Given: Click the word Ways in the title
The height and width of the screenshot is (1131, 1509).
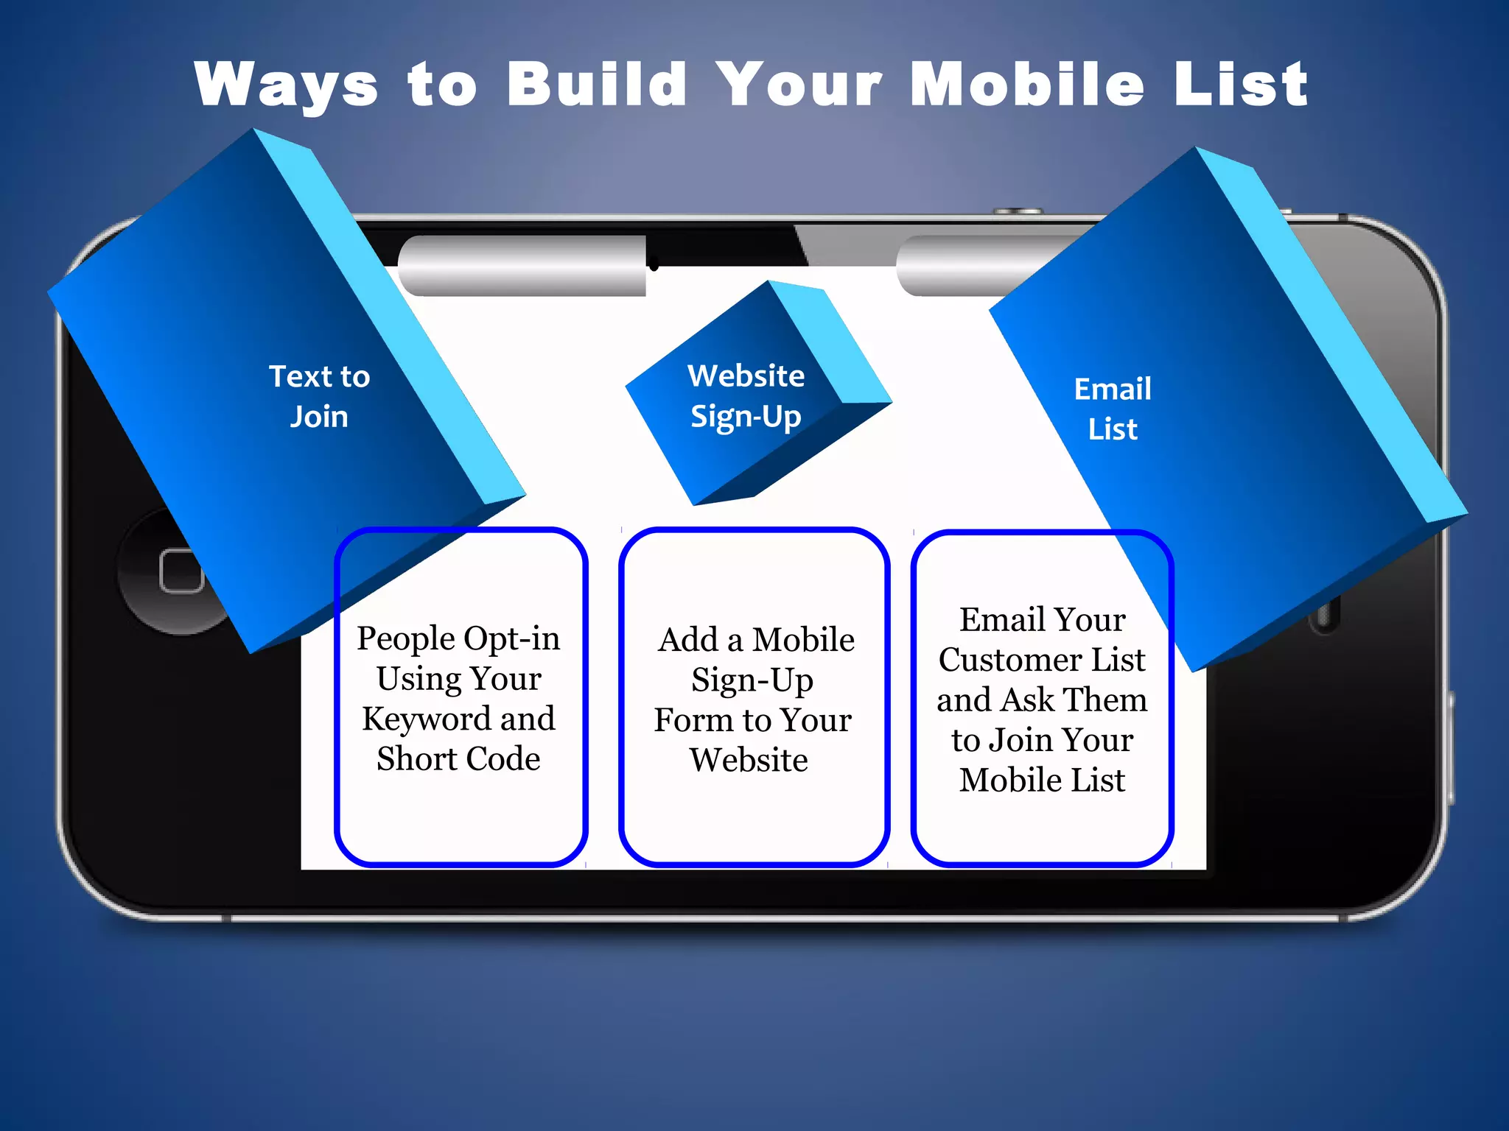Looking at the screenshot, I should (x=286, y=85).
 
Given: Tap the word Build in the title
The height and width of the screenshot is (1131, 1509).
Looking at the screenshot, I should (x=597, y=85).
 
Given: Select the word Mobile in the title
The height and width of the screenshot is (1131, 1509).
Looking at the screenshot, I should (x=1027, y=85).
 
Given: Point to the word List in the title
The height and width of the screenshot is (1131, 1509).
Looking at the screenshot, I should (x=1241, y=85).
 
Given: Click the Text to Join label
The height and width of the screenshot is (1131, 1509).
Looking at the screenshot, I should (x=319, y=396).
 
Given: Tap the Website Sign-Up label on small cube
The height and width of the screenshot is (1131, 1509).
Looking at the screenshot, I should (x=746, y=396).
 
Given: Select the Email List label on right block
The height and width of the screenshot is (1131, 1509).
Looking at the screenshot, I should (x=1113, y=409).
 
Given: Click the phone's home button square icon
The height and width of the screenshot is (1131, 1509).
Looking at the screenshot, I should (x=181, y=571).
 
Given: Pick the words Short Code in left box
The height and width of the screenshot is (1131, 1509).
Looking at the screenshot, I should (x=458, y=758).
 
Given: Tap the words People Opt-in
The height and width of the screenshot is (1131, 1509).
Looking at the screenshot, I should (x=458, y=638).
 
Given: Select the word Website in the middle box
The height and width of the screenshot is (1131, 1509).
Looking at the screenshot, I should (x=749, y=760).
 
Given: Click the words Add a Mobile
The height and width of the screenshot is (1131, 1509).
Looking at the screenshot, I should (x=756, y=640).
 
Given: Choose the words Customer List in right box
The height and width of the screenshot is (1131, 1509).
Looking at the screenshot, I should (x=1042, y=660).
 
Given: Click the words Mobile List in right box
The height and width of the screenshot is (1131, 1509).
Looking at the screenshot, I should (x=1042, y=780).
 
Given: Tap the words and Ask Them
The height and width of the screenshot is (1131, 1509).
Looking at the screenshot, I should (x=1042, y=700).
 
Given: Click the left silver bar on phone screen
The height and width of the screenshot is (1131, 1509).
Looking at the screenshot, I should (x=522, y=266).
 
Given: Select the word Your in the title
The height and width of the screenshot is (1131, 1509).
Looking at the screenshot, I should (x=799, y=85).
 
